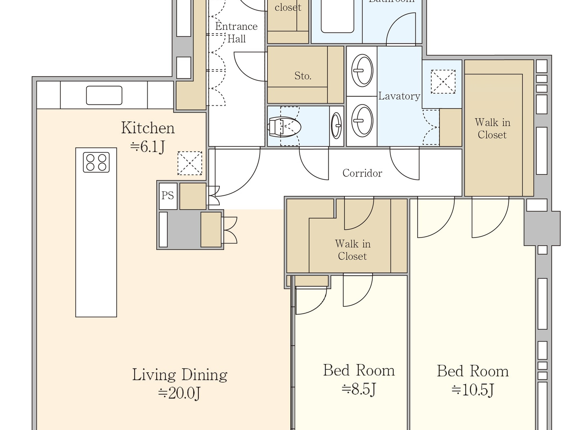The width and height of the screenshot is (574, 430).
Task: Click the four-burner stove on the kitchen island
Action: (96, 162)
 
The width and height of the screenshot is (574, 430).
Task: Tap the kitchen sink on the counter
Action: (104, 95)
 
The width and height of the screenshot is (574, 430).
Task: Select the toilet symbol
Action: (284, 126)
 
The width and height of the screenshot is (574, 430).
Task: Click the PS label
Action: (168, 196)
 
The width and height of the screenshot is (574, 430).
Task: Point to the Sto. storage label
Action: (303, 76)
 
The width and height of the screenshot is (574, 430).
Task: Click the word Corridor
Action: (362, 173)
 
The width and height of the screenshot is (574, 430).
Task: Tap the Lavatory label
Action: (399, 96)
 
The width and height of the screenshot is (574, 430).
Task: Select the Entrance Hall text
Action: (237, 32)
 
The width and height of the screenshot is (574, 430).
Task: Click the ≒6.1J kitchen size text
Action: (148, 146)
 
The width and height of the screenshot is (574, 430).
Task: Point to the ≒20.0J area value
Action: (180, 393)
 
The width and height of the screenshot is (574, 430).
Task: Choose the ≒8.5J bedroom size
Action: (359, 389)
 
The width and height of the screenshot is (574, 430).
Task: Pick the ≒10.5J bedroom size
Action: (473, 389)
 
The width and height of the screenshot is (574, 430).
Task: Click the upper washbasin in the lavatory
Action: (362, 71)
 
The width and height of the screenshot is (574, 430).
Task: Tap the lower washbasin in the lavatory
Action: (362, 120)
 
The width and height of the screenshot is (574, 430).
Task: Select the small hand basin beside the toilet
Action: (336, 125)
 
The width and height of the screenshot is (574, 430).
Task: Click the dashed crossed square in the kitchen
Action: (190, 163)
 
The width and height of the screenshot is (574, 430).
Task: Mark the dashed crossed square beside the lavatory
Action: (443, 81)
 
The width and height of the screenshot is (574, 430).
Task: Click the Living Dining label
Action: (180, 375)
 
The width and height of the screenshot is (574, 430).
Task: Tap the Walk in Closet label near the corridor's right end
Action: (492, 129)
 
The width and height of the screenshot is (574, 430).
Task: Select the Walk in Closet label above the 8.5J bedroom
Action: (353, 250)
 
